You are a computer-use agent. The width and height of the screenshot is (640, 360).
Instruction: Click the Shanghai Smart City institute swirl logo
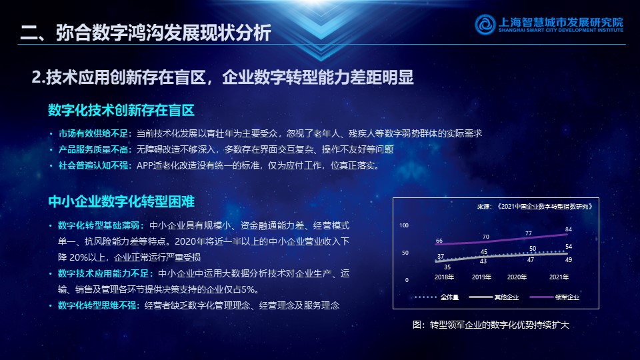tap(485, 24)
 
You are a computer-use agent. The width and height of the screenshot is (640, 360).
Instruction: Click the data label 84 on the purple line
tap(569, 229)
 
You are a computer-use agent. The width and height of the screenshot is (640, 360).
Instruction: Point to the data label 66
tap(439, 241)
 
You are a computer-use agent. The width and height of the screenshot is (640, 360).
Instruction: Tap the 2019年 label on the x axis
tap(481, 277)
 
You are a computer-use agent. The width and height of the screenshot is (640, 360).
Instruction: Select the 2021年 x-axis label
tap(559, 277)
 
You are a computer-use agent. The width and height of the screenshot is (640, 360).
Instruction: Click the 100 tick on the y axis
tap(404, 225)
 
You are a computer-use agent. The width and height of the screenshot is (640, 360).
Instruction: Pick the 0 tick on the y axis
tap(407, 280)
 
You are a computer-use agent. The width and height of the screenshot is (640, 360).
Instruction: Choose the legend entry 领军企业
tap(555, 297)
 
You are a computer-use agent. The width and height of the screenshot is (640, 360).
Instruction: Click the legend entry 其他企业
tap(494, 297)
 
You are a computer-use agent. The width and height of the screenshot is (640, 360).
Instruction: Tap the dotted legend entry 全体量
tap(437, 297)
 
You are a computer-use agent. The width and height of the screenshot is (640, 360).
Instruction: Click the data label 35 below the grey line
tap(447, 267)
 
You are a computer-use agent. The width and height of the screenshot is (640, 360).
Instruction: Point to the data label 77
tap(529, 233)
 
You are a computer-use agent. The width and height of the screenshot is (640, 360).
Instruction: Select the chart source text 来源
tap(484, 207)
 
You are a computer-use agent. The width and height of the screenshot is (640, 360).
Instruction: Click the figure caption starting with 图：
tap(491, 325)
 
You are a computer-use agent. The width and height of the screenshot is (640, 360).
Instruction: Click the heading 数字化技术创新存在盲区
tap(121, 110)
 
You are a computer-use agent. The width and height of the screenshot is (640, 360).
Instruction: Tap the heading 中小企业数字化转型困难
tap(121, 201)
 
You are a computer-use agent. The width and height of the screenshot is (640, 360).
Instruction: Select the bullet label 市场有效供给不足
tap(93, 133)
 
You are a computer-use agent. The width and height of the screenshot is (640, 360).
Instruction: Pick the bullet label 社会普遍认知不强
tap(93, 165)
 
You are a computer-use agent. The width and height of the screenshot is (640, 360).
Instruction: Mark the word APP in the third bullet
tap(145, 166)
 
